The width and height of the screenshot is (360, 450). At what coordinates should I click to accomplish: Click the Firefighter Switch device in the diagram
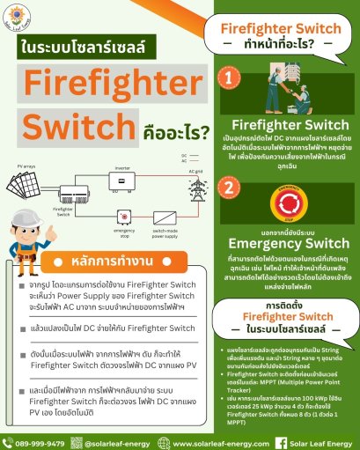coord(70,203)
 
